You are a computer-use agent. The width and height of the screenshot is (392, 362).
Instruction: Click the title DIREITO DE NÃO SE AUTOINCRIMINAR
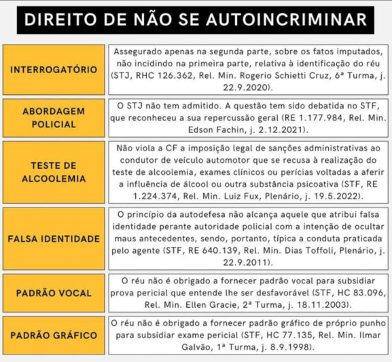tap(196, 19)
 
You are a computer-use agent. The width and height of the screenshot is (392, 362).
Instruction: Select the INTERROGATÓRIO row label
tap(54, 70)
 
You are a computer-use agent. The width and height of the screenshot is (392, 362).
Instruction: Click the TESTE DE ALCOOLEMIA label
tap(54, 172)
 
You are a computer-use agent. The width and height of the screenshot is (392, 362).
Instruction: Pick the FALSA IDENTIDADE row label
tap(54, 239)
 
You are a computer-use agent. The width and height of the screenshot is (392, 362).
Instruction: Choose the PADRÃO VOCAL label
tap(54, 293)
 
